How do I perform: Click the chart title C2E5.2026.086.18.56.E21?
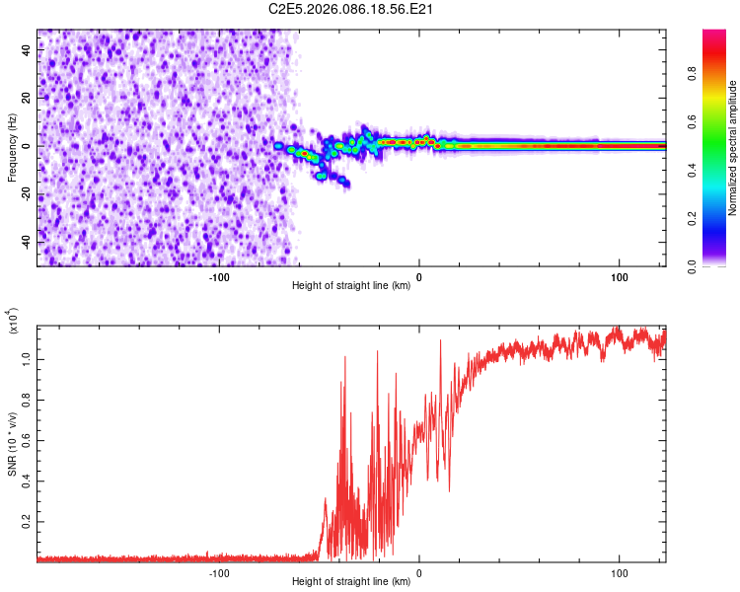click(x=338, y=9)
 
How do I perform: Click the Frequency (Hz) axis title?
click(x=12, y=148)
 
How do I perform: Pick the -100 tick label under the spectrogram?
click(x=219, y=277)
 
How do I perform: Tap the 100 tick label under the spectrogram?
click(x=619, y=277)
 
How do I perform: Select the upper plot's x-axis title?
click(x=351, y=287)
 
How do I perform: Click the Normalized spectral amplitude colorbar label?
click(x=733, y=148)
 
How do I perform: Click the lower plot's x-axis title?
click(x=351, y=582)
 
